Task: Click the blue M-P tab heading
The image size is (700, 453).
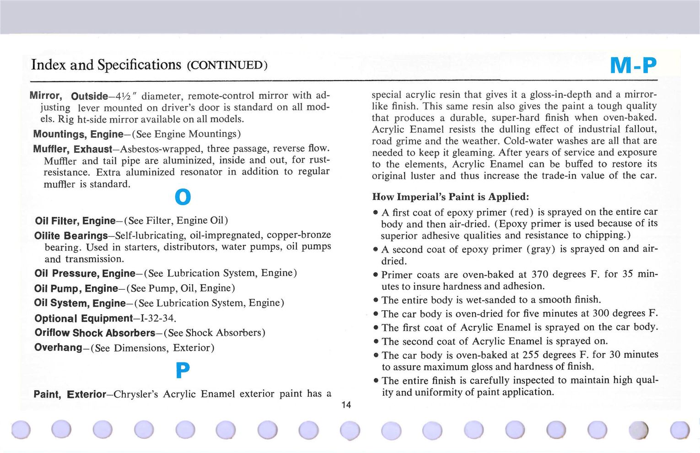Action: tap(633, 65)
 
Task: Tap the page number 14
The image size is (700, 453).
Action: tap(346, 404)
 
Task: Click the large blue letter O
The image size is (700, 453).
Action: tap(183, 197)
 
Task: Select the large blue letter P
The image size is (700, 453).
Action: tap(183, 370)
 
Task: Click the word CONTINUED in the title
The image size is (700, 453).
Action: tap(227, 65)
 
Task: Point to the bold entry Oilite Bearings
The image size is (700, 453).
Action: tap(71, 236)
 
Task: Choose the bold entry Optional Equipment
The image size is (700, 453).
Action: tap(84, 318)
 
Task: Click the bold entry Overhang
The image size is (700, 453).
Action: tap(58, 347)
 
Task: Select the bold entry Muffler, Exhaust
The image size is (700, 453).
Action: tap(72, 149)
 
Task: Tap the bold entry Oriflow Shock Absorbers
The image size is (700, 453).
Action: tap(95, 333)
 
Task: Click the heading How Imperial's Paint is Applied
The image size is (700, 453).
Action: tap(450, 197)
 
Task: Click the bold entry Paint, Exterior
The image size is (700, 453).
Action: tap(70, 394)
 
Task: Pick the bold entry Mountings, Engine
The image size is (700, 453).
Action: tap(78, 134)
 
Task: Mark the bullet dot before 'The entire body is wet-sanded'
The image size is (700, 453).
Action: tap(375, 300)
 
